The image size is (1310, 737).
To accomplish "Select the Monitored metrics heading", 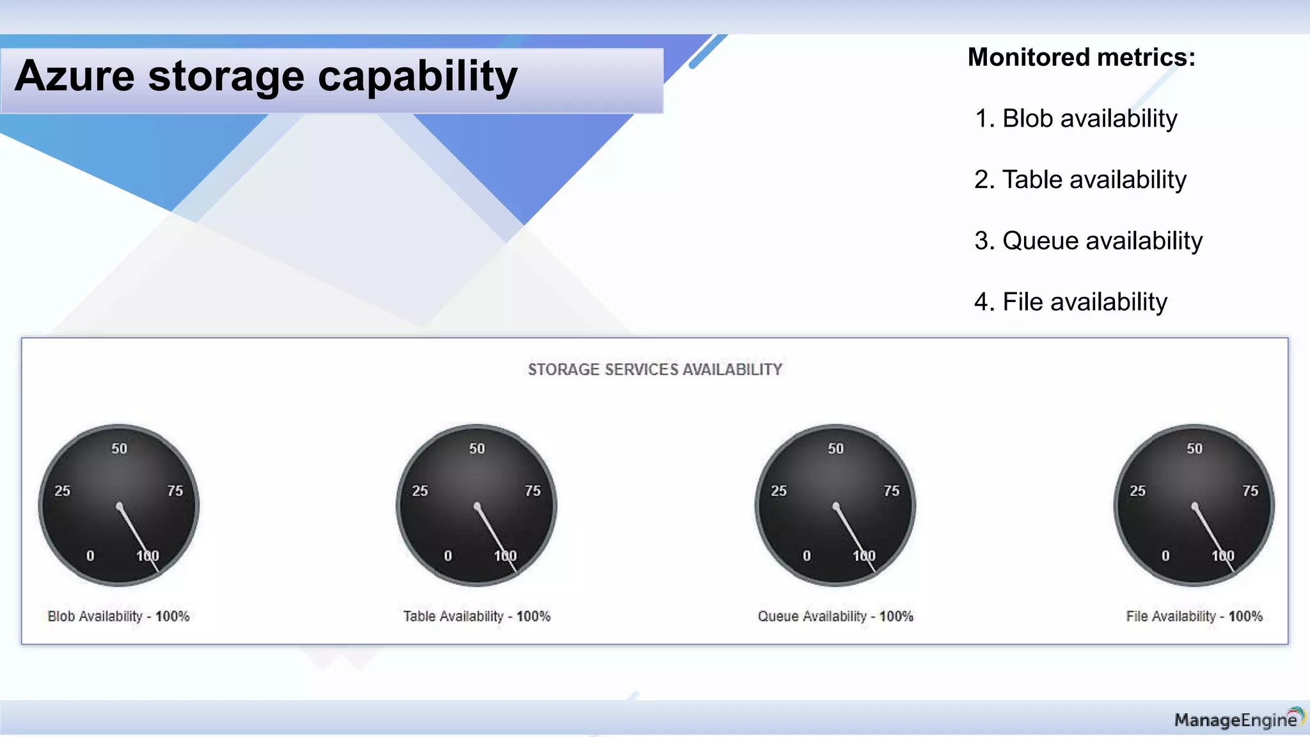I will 1081,58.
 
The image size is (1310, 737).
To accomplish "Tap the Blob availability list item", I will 1076,119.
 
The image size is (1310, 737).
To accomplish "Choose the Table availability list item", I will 1080,180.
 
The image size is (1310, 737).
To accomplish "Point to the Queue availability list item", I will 1088,241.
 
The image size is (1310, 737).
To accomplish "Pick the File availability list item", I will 1071,302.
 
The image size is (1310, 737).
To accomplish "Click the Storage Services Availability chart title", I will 655,370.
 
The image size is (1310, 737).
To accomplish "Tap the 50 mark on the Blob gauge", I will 120,449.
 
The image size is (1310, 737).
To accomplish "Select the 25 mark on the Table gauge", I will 420,491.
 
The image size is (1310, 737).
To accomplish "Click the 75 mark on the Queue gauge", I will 892,491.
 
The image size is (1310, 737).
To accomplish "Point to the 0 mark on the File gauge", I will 1165,556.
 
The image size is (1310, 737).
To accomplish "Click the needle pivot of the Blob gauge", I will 120,507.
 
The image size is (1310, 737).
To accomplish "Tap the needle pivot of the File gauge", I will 1194,507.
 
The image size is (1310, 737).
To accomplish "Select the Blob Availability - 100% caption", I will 118,617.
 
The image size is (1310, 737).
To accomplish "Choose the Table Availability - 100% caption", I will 477,617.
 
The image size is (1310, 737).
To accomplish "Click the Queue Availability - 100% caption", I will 835,617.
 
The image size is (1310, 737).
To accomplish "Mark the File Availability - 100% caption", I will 1194,617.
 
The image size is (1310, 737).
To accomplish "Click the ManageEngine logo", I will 1238,720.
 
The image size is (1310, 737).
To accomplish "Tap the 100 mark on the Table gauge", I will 505,556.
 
